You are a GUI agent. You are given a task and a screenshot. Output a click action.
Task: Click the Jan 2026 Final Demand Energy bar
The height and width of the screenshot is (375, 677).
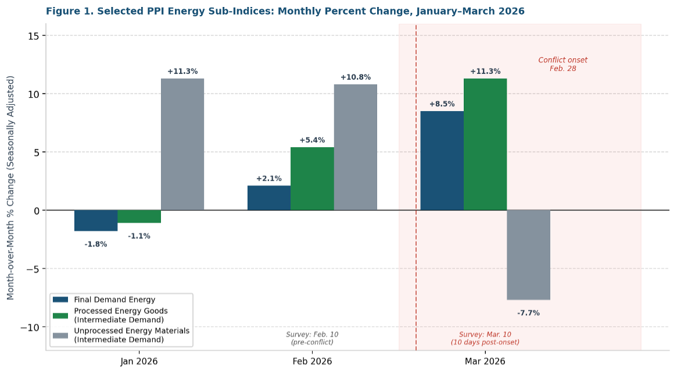click(x=96, y=220)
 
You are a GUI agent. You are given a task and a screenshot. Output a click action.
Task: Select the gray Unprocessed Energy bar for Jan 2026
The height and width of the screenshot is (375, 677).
click(x=182, y=144)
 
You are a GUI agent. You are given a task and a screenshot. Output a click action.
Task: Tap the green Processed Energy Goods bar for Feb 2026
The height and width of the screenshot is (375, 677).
click(x=312, y=178)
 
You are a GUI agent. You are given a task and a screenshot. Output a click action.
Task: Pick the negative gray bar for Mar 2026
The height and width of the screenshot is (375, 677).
click(x=528, y=255)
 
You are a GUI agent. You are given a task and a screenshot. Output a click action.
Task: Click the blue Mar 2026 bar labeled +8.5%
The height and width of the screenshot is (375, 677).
click(x=442, y=160)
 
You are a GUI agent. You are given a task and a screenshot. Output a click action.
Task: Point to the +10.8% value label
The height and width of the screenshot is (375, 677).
click(x=355, y=77)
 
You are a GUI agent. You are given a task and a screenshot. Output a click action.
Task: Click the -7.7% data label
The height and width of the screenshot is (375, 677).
click(x=528, y=313)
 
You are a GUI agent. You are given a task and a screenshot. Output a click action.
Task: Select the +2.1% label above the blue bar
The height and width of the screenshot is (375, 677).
click(x=269, y=178)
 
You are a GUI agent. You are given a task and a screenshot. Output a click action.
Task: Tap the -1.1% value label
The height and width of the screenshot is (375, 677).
click(x=139, y=236)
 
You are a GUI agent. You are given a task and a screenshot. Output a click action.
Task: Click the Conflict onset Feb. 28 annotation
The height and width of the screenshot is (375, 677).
click(x=563, y=64)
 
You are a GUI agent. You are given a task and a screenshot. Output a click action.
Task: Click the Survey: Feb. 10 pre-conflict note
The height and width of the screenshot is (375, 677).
click(x=312, y=338)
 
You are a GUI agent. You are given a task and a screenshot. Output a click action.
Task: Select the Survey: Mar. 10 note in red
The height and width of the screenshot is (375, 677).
click(x=485, y=338)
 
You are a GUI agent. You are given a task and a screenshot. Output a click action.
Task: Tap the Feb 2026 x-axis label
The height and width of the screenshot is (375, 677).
click(x=312, y=361)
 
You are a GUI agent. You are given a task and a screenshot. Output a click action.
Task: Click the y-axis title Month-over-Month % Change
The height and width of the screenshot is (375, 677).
click(x=10, y=187)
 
